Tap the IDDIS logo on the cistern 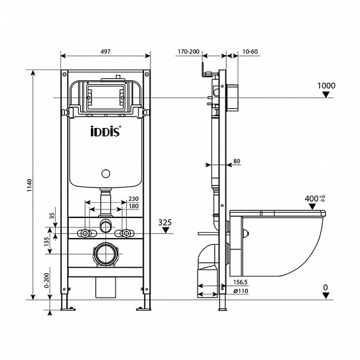104,132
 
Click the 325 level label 167,223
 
